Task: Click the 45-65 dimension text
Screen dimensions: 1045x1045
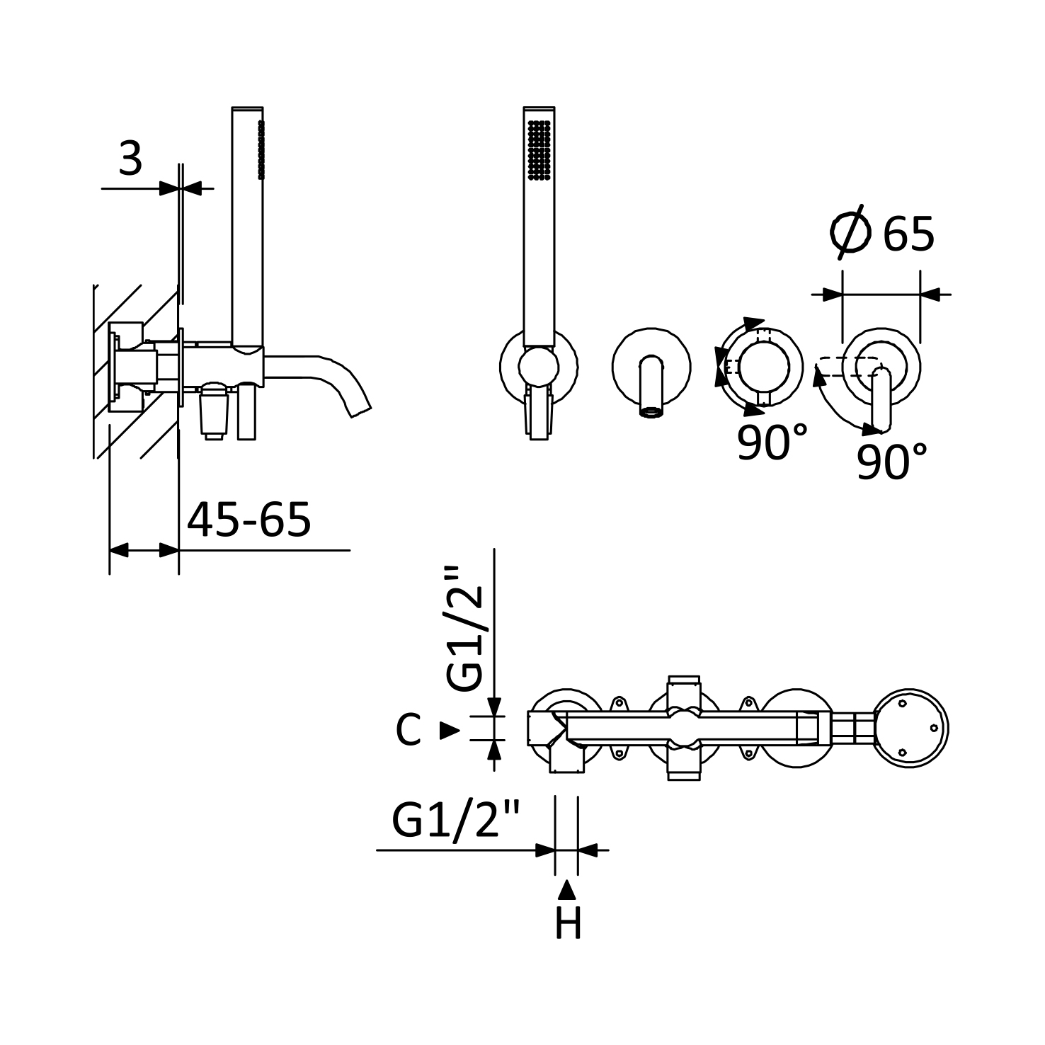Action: coord(249,520)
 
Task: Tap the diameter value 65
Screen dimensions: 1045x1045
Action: coord(908,234)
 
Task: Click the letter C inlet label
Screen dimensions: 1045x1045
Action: coord(408,730)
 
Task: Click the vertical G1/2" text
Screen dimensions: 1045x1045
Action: coord(465,629)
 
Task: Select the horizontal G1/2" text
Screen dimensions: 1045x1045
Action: coord(455,820)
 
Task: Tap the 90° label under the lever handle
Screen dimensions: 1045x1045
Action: coord(891,462)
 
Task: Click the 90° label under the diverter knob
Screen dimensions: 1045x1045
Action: coord(772,442)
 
